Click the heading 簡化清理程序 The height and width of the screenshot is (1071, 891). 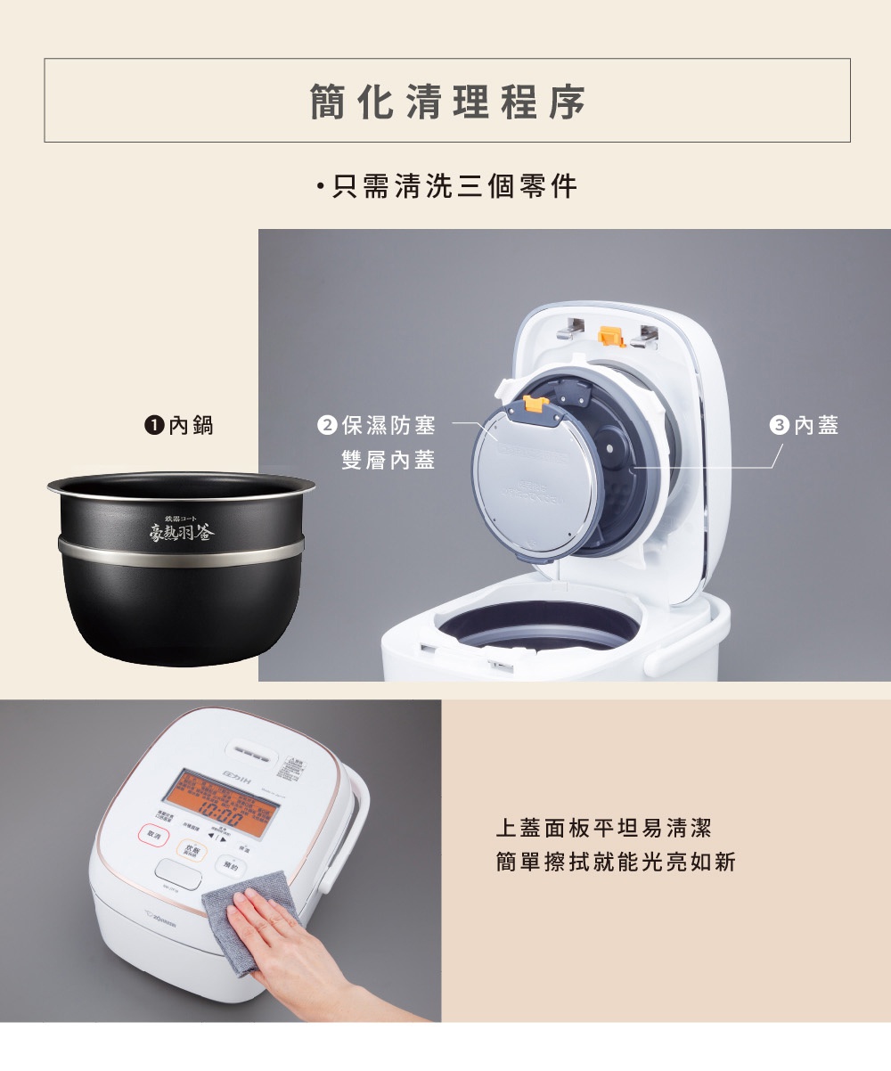tap(447, 102)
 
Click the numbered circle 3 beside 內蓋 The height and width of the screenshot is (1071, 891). tap(779, 426)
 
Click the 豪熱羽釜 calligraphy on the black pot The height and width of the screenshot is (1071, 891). tap(181, 533)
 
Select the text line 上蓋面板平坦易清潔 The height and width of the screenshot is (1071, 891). tap(603, 829)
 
